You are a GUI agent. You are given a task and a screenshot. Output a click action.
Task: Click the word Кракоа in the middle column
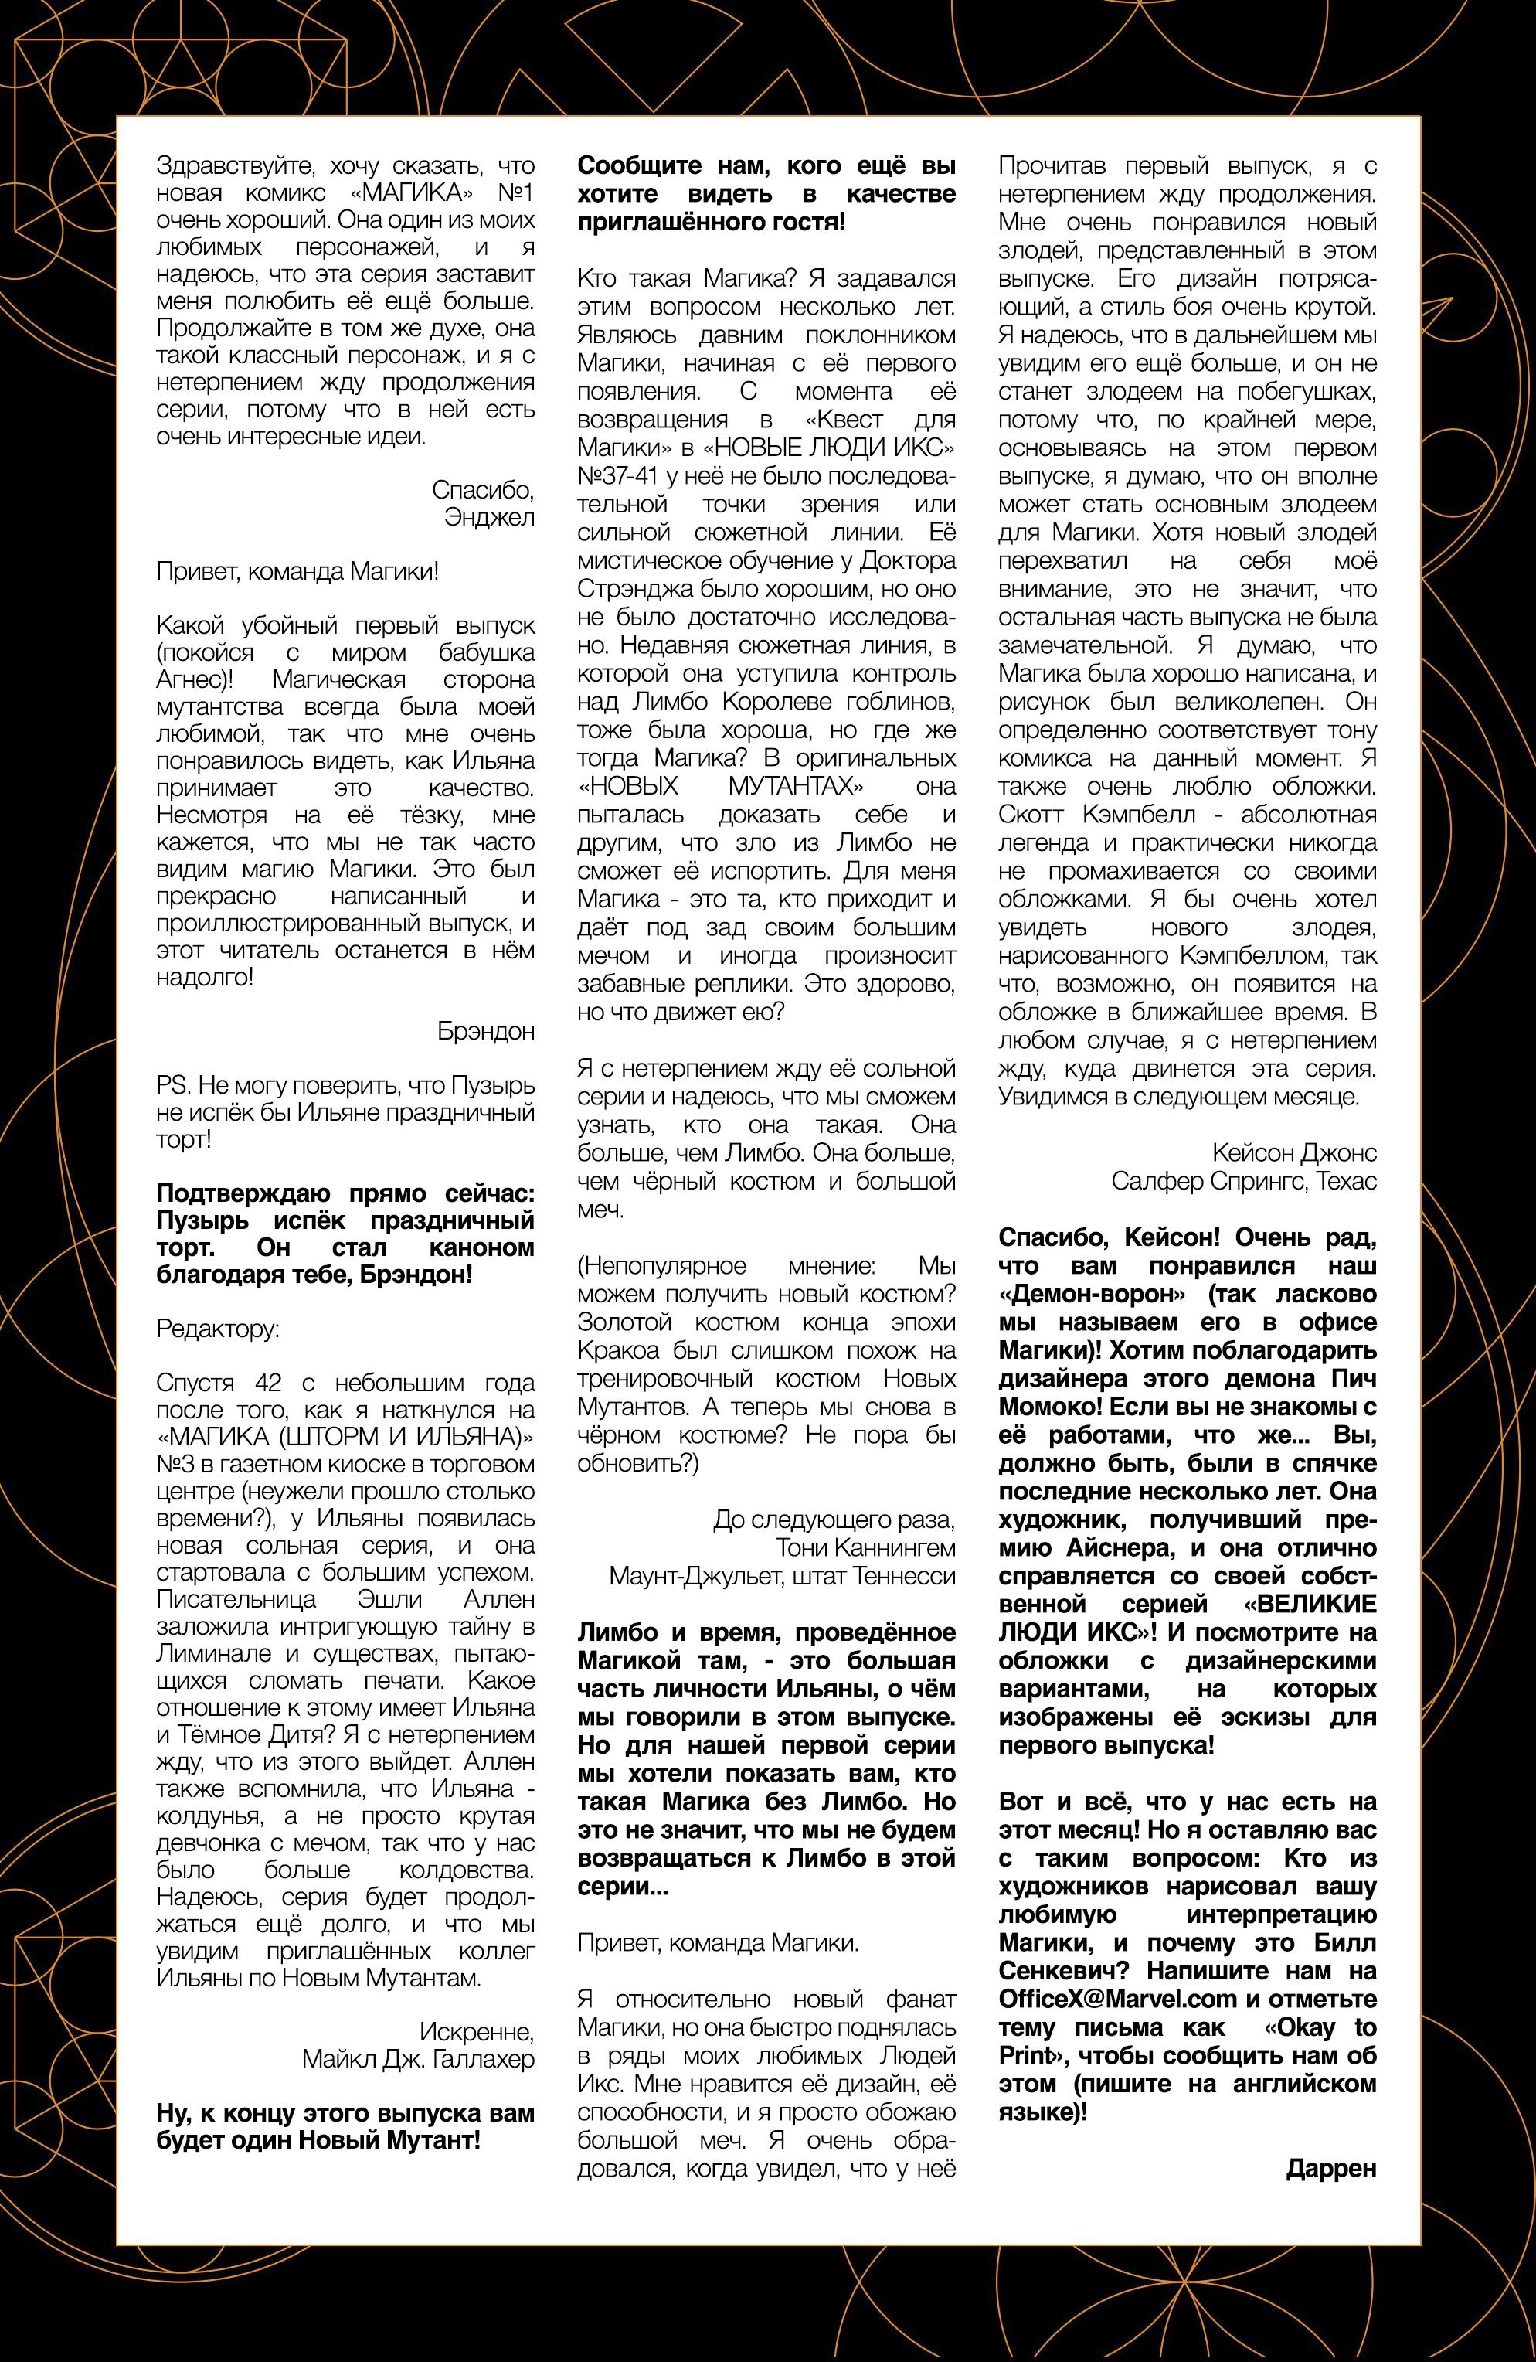pos(614,1351)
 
